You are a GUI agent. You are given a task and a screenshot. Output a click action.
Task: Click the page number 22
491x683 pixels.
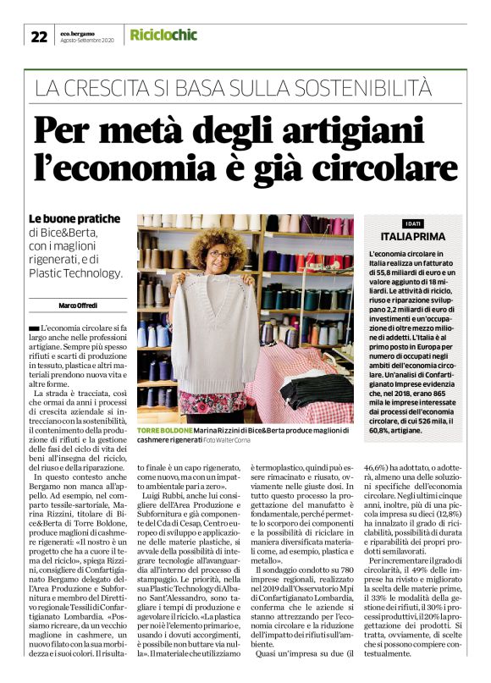[39, 36]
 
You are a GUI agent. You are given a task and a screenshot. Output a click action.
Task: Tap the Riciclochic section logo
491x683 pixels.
[163, 35]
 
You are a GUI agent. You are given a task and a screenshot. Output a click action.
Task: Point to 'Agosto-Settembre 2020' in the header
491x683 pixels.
[87, 40]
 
